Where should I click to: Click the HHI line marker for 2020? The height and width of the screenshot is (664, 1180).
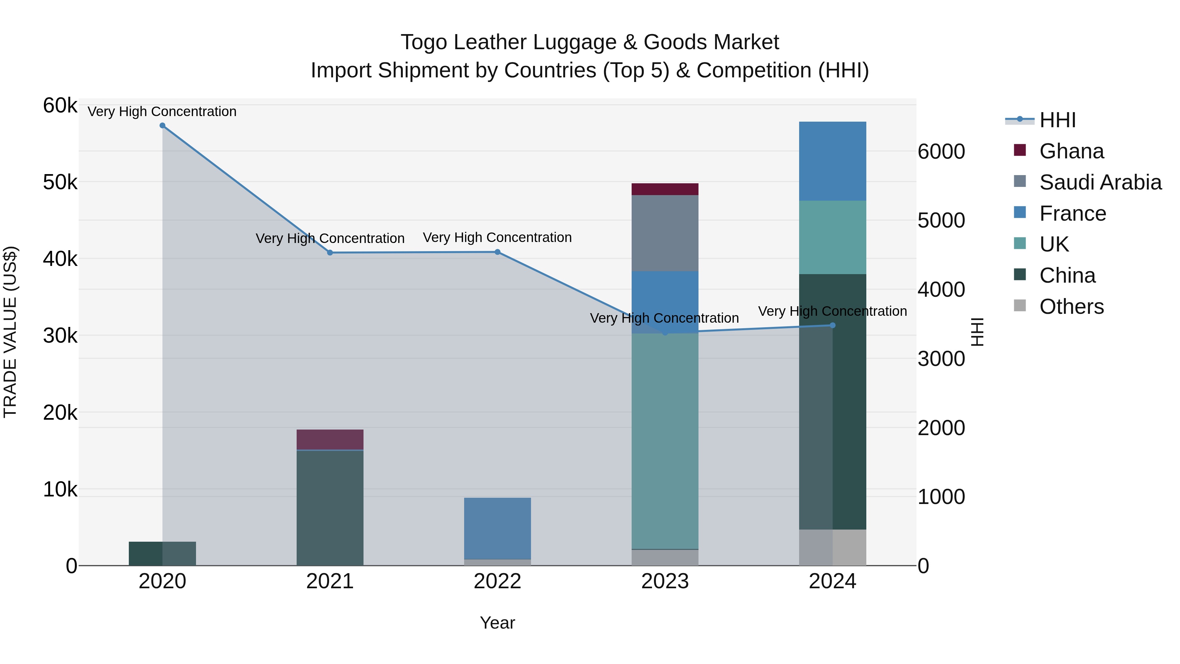(162, 126)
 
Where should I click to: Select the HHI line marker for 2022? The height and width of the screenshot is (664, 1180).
(498, 252)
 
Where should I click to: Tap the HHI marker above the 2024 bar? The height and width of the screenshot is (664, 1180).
(833, 325)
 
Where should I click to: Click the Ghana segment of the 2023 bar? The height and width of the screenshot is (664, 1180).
(665, 189)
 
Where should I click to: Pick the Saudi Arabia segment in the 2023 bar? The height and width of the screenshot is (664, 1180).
(665, 233)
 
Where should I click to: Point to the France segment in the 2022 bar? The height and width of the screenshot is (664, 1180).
(498, 528)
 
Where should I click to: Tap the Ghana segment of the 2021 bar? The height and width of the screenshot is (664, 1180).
(330, 439)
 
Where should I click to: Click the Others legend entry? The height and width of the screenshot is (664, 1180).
(1072, 307)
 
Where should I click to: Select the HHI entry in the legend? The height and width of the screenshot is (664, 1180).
(1057, 120)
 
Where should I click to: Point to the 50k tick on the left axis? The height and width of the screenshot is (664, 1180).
(60, 182)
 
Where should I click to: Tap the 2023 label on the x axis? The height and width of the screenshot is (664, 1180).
(665, 581)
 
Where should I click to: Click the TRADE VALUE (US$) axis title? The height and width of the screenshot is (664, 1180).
(10, 332)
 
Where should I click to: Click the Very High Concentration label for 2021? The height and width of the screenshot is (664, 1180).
(330, 238)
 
